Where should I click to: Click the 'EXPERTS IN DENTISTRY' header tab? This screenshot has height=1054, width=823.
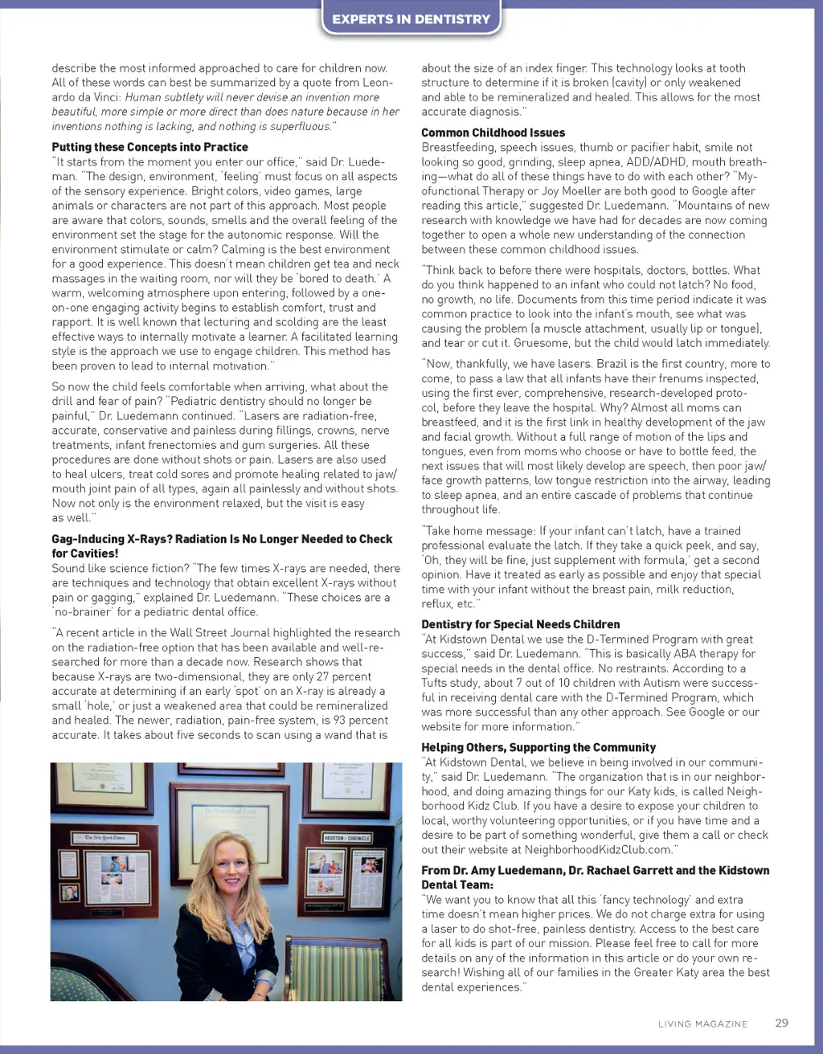coord(411,19)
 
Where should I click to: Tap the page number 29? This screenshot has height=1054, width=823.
coord(781,1023)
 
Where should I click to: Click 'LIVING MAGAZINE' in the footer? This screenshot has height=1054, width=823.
coord(702,1024)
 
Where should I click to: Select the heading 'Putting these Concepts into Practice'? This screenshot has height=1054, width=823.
coord(149,147)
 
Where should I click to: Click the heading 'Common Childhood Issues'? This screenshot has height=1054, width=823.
coord(493,133)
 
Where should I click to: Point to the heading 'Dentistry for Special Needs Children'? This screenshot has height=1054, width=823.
coord(520,624)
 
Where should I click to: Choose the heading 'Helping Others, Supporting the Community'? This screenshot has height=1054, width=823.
coord(538,747)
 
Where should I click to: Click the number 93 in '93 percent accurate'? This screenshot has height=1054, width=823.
coord(340,720)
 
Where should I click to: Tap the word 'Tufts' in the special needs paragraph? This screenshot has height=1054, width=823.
coord(437,683)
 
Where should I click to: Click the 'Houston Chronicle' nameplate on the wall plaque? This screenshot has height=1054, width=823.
coord(347,838)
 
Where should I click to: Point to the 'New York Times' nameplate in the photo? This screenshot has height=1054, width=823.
coord(104,838)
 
